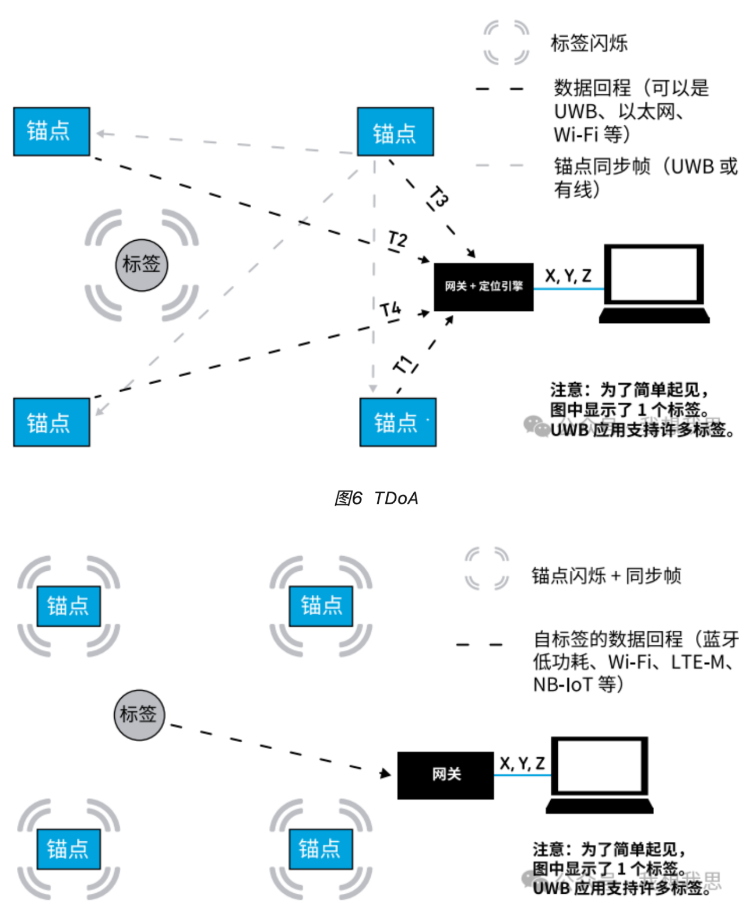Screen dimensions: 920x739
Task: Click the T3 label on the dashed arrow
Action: (438, 197)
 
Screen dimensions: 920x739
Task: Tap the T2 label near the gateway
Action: (397, 240)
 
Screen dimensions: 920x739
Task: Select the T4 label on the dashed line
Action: (390, 309)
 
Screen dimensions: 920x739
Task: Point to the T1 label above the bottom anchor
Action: (404, 366)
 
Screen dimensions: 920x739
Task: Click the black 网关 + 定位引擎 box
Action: (483, 286)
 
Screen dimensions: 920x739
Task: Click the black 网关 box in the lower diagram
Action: (445, 775)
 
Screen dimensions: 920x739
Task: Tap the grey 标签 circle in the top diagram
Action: (141, 264)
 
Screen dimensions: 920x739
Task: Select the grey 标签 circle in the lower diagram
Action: (139, 714)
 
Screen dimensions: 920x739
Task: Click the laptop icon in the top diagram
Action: (654, 283)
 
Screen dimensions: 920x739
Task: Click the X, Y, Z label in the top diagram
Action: (568, 275)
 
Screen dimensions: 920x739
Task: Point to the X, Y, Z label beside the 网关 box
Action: (522, 763)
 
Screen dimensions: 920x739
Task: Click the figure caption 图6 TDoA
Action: (376, 498)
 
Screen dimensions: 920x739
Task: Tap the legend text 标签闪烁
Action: (589, 43)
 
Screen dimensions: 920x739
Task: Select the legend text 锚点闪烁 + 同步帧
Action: (606, 576)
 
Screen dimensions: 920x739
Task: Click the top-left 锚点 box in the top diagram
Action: (51, 131)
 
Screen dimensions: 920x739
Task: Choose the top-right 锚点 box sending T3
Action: (395, 132)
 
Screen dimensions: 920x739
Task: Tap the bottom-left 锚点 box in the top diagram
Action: (51, 422)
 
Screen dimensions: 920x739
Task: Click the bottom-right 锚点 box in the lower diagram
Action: (321, 849)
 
